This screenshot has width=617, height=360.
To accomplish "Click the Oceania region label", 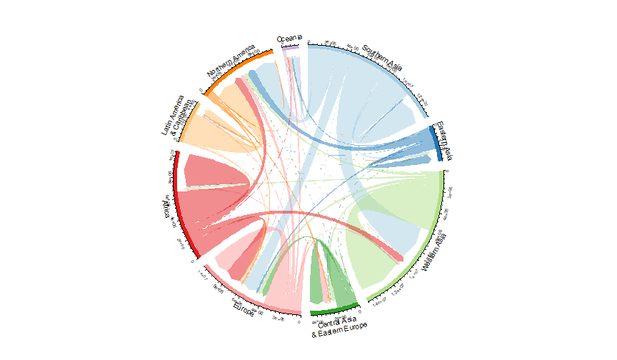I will coord(289,38).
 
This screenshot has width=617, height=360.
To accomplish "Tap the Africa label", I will coord(166,211).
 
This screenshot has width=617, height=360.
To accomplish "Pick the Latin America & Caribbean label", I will coord(172,116).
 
